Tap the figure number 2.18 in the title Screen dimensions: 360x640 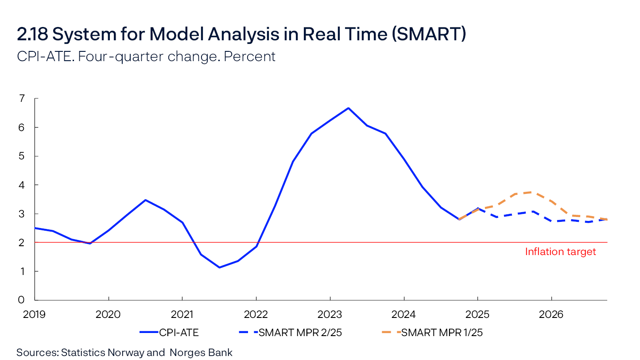pyautogui.click(x=31, y=35)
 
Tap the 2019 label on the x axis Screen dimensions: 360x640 pyautogui.click(x=35, y=314)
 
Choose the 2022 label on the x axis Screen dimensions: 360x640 pyautogui.click(x=256, y=314)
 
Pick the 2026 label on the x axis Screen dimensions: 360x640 pyautogui.click(x=551, y=314)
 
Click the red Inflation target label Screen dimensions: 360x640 pyautogui.click(x=560, y=252)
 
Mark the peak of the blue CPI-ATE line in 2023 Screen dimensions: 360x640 pyautogui.click(x=349, y=108)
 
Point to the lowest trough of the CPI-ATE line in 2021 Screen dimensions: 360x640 pyautogui.click(x=219, y=267)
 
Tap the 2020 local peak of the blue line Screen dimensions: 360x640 pyautogui.click(x=145, y=200)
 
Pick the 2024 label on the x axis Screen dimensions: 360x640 pyautogui.click(x=403, y=314)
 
